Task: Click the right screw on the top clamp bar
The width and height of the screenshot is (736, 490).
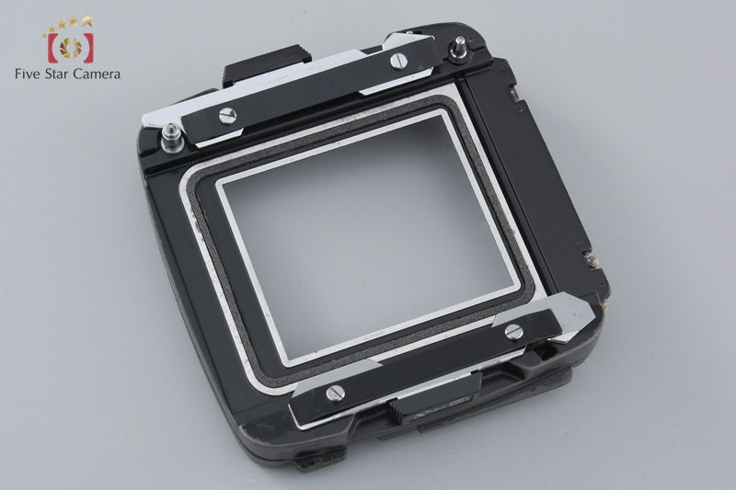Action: (397, 62)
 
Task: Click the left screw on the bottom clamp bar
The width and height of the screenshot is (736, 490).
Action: (332, 393)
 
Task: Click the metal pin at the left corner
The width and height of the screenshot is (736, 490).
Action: (168, 139)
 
